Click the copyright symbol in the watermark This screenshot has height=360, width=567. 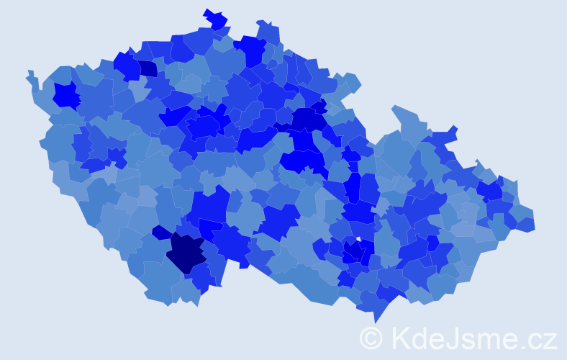371,338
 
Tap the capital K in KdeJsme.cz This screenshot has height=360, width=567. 400,338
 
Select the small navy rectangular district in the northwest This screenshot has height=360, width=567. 148,68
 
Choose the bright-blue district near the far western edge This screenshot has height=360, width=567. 66,95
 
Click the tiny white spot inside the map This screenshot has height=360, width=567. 358,238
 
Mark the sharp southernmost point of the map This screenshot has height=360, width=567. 376,320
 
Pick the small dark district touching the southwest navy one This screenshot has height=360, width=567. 161,233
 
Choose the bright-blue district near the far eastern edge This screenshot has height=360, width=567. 491,190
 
